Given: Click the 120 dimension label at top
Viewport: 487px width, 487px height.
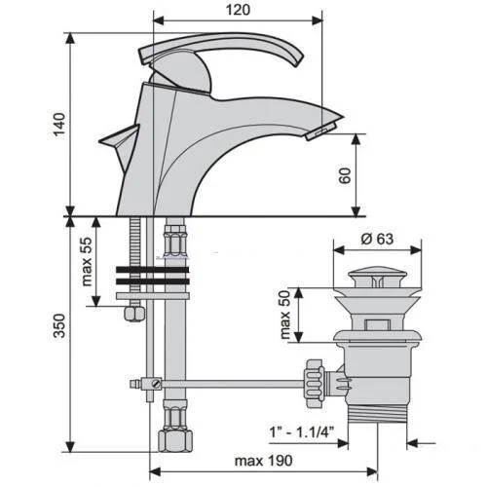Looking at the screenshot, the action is pos(238,10).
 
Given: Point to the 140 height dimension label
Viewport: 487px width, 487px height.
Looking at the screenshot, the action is pos(59,125).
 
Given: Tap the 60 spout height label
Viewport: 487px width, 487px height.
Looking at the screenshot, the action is pos(345,175).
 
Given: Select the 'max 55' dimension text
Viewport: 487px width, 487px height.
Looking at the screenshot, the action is pos(87,262).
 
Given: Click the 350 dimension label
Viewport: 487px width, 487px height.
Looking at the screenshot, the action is pos(59,325).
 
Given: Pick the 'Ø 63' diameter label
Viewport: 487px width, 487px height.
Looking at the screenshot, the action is pos(377,239).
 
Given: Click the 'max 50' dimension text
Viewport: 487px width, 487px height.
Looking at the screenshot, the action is pos(284,315).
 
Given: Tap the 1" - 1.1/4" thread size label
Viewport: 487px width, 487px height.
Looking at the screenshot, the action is pos(302,432).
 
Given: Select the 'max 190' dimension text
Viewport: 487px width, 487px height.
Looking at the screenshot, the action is pos(263,461).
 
